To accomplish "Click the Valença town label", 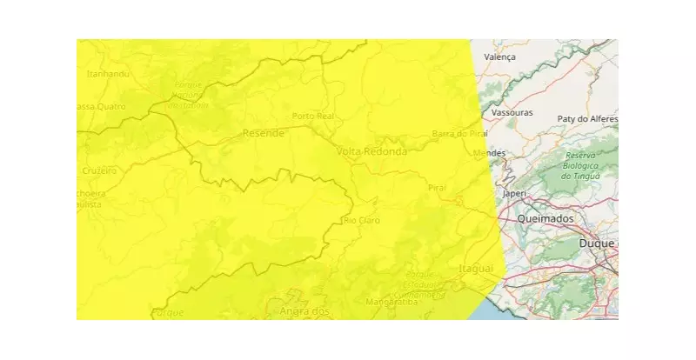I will click(500, 57).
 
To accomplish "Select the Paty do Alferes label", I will click(587, 118).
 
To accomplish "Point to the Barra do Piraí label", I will click(457, 133).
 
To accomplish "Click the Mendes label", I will click(489, 153).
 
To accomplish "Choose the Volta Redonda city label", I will click(371, 151).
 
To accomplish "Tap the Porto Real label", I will click(313, 116).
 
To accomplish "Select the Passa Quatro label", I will click(101, 106).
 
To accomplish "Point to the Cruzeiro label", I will click(98, 170).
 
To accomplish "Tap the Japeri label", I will click(515, 194).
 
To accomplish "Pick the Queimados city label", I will click(545, 219).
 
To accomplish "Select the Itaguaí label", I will click(476, 268).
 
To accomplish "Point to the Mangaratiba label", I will click(393, 303).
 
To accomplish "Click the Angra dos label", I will click(304, 311).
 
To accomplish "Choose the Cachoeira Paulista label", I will click(89, 198).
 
